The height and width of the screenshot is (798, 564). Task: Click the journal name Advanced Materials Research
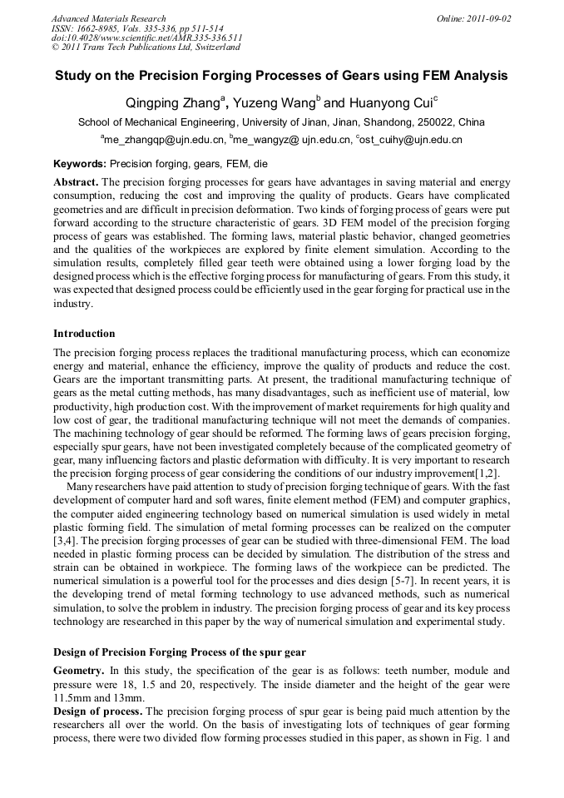(108, 18)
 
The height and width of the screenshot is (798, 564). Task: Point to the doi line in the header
(146, 38)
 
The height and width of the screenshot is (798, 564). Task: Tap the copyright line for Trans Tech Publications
(146, 47)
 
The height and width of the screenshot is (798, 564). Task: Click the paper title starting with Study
(281, 76)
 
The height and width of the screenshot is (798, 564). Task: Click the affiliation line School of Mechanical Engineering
(281, 122)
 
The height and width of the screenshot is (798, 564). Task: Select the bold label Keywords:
(80, 164)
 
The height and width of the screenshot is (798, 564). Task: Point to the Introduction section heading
(84, 334)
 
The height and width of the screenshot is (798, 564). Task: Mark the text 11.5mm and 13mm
(98, 697)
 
